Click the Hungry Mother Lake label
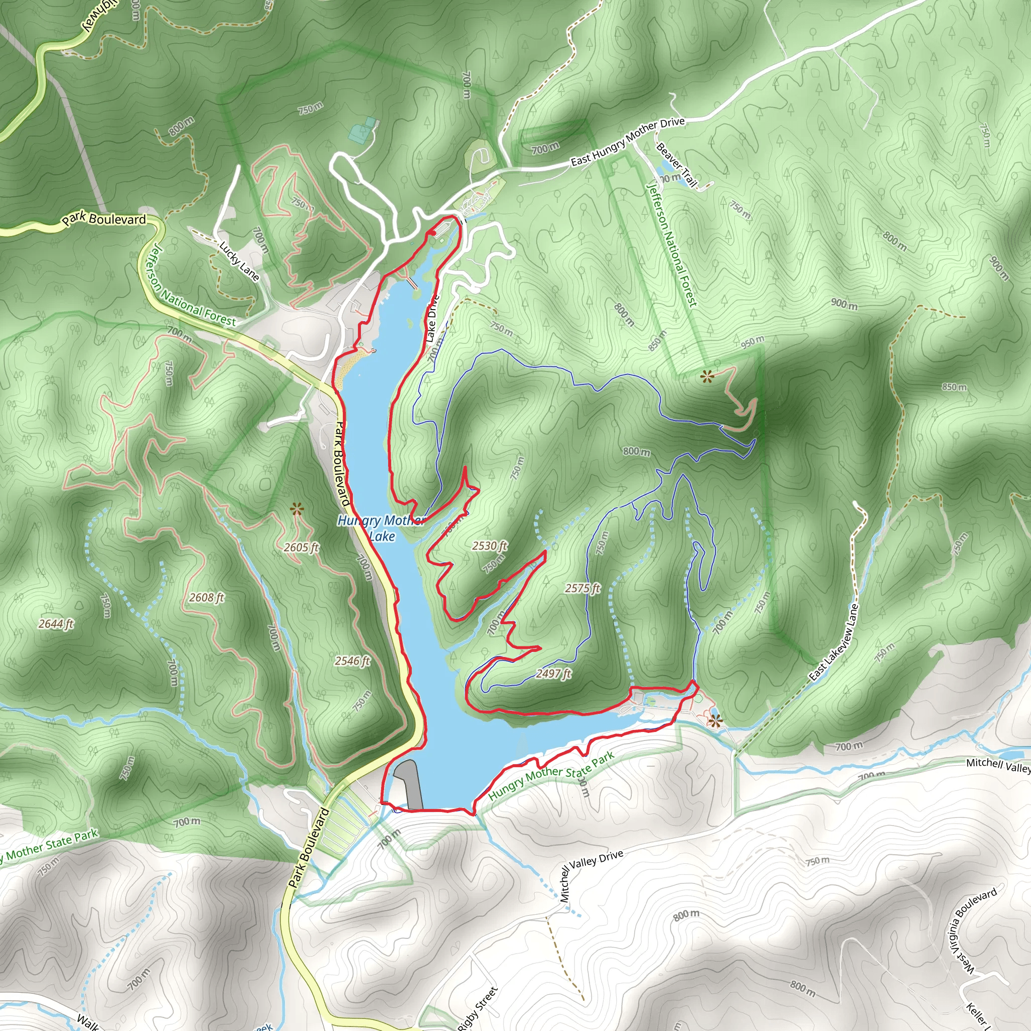pyautogui.click(x=381, y=528)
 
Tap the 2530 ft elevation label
pyautogui.click(x=489, y=545)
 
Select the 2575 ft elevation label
pyautogui.click(x=583, y=588)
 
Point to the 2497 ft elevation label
pyautogui.click(x=553, y=674)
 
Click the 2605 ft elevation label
pyautogui.click(x=301, y=547)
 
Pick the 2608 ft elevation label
pyautogui.click(x=206, y=597)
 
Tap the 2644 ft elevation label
pyautogui.click(x=55, y=623)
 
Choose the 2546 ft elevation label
pyautogui.click(x=352, y=660)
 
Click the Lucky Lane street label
pyautogui.click(x=240, y=261)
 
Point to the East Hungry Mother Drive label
pyautogui.click(x=628, y=141)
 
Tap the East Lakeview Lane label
pyautogui.click(x=833, y=642)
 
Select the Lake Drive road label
pyautogui.click(x=432, y=319)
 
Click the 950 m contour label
pyautogui.click(x=753, y=342)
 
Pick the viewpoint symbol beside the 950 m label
pyautogui.click(x=708, y=377)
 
